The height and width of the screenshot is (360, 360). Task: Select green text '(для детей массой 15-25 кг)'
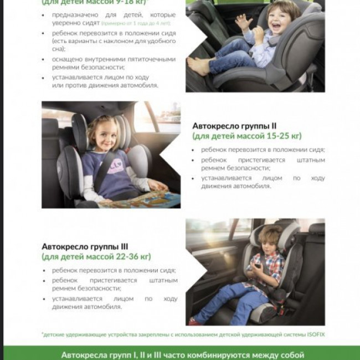point(246,136)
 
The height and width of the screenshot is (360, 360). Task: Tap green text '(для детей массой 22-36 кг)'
point(96,256)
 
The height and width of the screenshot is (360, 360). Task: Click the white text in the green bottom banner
point(182,354)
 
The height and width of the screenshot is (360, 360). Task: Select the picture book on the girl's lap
point(141,198)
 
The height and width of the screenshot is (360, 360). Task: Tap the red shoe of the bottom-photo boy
point(193,320)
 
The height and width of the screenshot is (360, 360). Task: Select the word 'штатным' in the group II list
point(311,160)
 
